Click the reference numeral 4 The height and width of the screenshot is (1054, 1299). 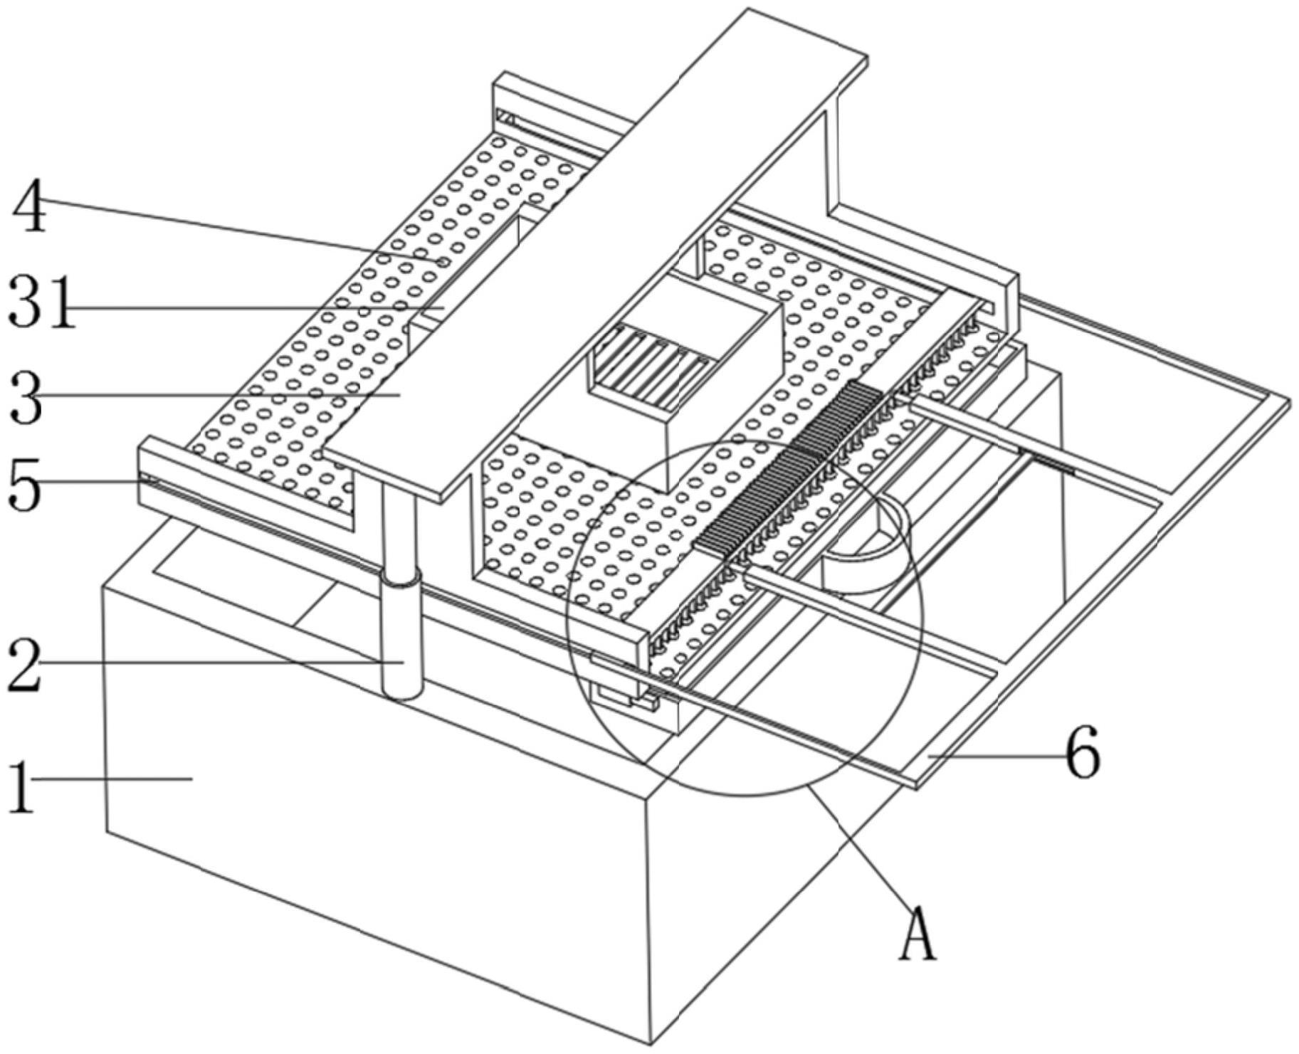pyautogui.click(x=28, y=206)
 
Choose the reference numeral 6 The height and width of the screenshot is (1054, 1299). pyautogui.click(x=1082, y=753)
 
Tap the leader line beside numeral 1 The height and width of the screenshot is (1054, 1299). pyautogui.click(x=114, y=779)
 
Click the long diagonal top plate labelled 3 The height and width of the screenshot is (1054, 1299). pyautogui.click(x=591, y=249)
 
